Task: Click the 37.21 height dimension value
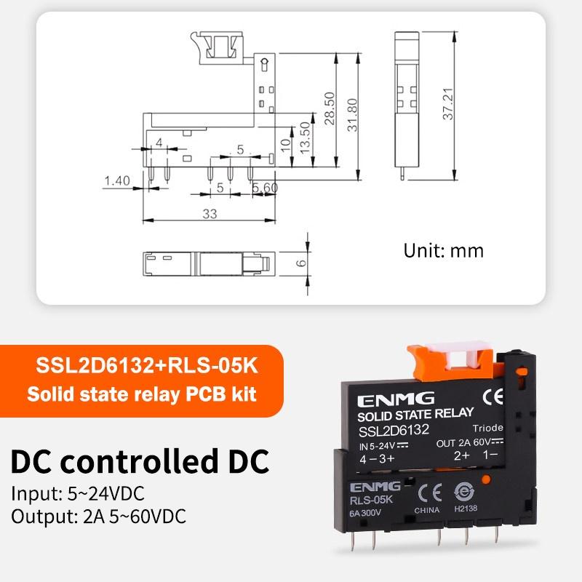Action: [448, 104]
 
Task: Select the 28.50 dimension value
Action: [330, 108]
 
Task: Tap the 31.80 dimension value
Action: [352, 115]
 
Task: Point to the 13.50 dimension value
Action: [305, 137]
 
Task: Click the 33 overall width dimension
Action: [210, 214]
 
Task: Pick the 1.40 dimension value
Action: [117, 180]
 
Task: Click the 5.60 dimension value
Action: [265, 188]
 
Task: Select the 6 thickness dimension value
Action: [301, 263]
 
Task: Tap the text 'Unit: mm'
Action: [444, 250]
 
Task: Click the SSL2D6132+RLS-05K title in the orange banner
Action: [147, 366]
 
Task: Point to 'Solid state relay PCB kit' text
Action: [141, 394]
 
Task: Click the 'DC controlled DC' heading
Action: [140, 461]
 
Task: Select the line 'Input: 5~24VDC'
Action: [78, 494]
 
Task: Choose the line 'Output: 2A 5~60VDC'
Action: [98, 517]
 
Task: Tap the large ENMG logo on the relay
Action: [396, 399]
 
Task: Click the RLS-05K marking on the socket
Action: [371, 501]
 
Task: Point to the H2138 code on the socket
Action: [466, 508]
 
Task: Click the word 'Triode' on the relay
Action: [487, 428]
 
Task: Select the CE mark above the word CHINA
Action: [430, 493]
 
